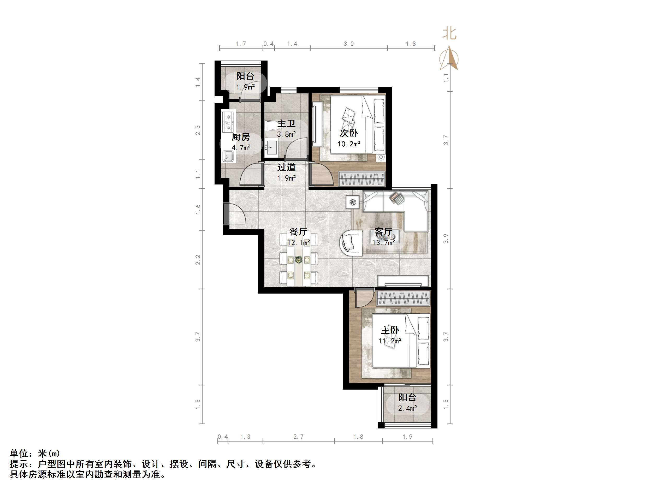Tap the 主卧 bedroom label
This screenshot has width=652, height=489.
coord(390,330)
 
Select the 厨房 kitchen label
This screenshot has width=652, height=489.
coord(241,137)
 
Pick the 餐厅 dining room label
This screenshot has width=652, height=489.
coord(298,232)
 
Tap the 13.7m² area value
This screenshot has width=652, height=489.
coord(383,243)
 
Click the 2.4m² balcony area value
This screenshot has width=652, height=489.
coord(407,408)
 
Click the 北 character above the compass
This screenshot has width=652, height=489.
coord(449,34)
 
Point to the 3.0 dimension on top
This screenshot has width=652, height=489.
coord(349,44)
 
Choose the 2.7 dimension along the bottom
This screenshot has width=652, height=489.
coord(298,437)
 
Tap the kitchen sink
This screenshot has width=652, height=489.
coord(228,156)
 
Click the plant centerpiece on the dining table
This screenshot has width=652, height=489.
coord(299,260)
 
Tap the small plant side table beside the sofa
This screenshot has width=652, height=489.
coord(353,202)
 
